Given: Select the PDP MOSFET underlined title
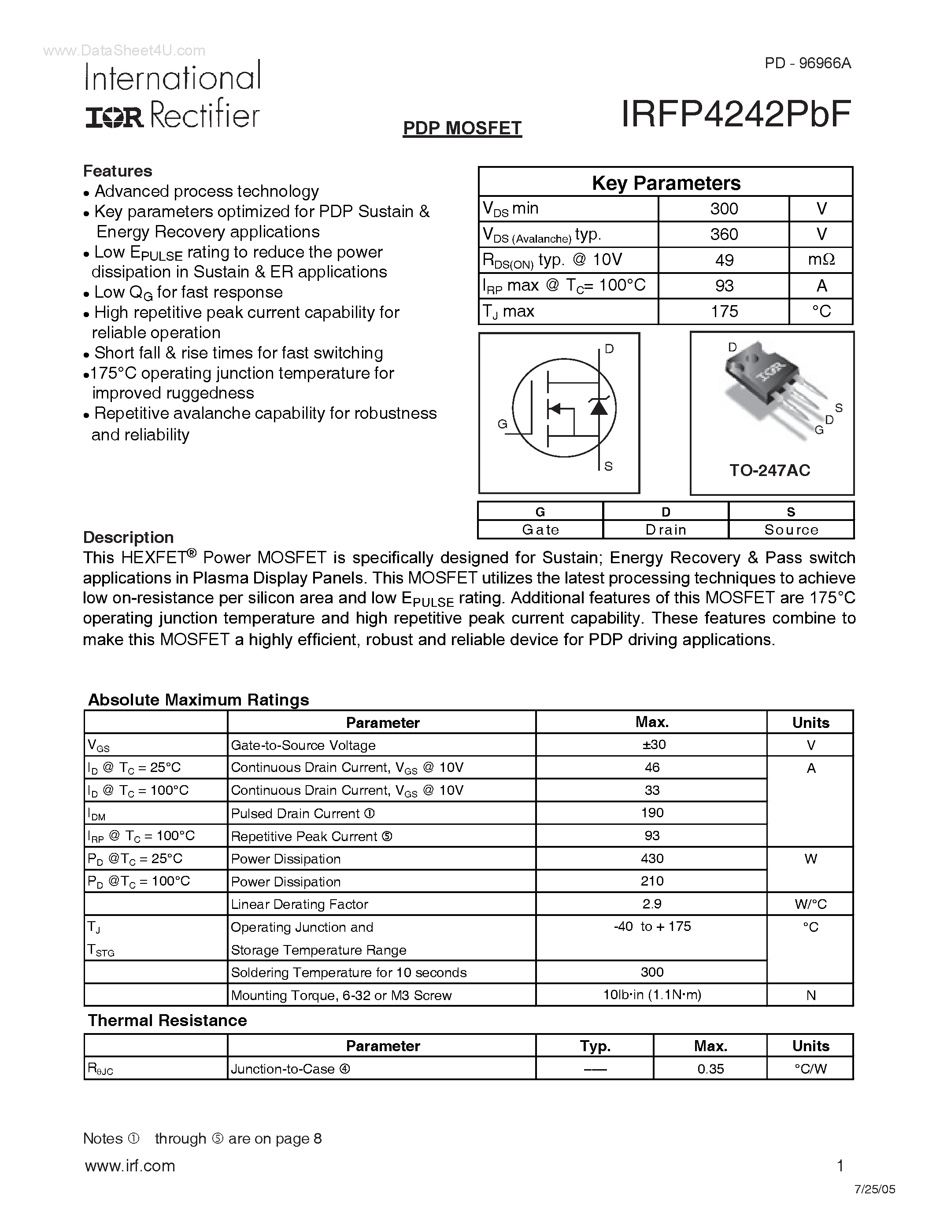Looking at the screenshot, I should click(462, 128).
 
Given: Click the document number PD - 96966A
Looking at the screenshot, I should click(807, 63).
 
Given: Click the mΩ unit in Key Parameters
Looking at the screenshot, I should click(821, 259).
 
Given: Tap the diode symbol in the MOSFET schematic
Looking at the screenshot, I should click(598, 407).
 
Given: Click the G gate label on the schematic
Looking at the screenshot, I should click(503, 424).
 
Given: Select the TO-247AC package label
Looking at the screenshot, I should click(770, 471).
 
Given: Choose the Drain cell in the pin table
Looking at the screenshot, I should click(666, 529).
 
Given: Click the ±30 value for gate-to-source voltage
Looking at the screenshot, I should click(652, 745).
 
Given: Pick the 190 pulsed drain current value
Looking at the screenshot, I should click(652, 813).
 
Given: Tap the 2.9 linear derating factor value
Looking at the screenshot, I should click(652, 904).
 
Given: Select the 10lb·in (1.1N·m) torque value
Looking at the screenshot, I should click(652, 995).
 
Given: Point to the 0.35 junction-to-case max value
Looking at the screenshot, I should click(710, 1068).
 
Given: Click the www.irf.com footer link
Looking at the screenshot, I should click(130, 1166).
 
